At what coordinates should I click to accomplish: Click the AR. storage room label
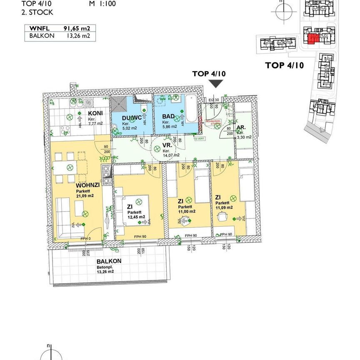(x=241, y=128)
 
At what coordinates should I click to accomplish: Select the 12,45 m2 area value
(x=136, y=217)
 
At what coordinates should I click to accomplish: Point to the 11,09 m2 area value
(x=224, y=207)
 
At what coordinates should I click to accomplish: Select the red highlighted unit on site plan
(x=312, y=39)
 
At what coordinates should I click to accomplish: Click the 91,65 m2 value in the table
(x=77, y=29)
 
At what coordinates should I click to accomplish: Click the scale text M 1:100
(x=102, y=4)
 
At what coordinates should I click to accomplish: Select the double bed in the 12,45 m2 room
(x=134, y=210)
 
